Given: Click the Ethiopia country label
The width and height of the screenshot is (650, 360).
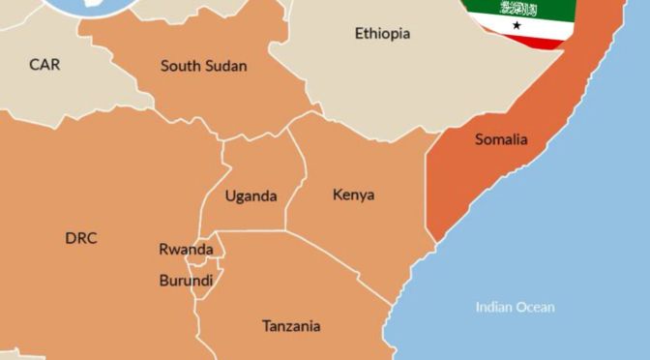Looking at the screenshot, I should (382, 34).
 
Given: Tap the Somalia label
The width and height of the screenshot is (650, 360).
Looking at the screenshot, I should (501, 140).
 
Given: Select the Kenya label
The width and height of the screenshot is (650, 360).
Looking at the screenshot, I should (353, 195).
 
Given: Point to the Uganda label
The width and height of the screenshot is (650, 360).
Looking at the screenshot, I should (251, 196).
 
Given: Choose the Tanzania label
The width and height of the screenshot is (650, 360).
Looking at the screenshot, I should (291, 326).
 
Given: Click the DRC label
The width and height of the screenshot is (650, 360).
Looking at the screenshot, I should (81, 239).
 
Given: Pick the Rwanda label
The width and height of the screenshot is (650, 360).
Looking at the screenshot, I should (186, 250).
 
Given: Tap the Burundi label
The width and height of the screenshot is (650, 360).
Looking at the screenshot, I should (186, 281).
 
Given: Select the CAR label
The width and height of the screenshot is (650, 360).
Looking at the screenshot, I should (44, 65).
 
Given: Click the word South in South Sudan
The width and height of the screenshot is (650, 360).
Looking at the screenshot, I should (180, 67).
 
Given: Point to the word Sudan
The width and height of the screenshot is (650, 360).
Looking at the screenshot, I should (225, 67).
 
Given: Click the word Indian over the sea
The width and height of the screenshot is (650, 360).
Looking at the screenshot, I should (493, 308).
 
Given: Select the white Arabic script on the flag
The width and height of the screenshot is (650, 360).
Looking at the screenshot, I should (517, 8).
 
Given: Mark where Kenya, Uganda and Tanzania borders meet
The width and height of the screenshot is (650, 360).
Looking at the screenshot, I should (286, 230).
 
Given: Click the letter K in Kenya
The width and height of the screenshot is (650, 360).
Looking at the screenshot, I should (338, 195).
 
